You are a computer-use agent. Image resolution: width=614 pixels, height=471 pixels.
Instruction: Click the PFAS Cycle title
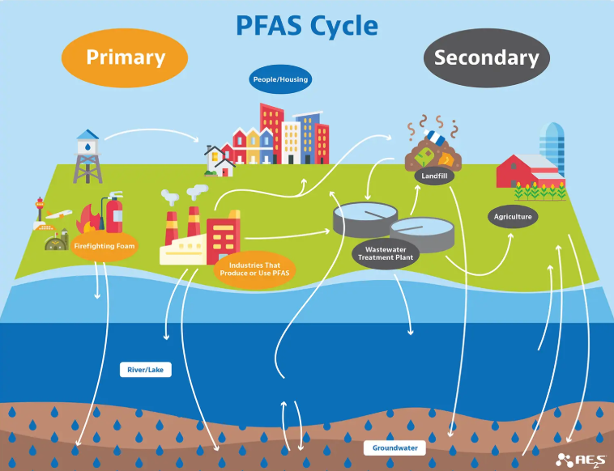307,25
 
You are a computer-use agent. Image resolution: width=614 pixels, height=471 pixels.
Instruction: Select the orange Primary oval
126,57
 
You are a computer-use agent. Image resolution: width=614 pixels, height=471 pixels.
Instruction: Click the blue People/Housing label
279,80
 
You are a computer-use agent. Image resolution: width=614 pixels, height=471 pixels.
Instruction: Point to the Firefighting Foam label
104,244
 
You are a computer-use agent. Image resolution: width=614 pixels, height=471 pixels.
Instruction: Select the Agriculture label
513,217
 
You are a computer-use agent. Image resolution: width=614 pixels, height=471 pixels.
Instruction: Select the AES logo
578,460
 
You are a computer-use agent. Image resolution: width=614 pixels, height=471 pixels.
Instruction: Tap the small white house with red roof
220,159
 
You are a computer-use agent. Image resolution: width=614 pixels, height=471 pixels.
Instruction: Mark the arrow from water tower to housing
154,132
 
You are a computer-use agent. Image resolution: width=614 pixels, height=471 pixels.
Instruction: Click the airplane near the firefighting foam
58,214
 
